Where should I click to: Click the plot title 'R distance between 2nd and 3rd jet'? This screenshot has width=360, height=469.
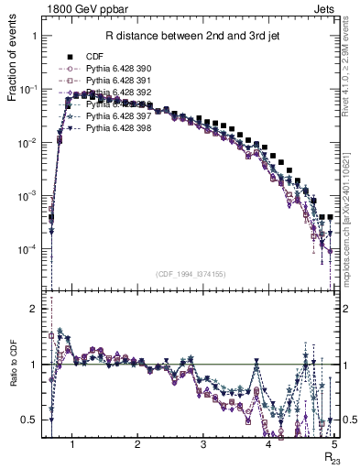[x=191, y=37]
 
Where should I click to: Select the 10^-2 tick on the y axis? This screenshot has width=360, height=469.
[x=30, y=142]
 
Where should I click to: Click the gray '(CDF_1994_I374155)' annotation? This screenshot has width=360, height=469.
[x=191, y=273]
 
